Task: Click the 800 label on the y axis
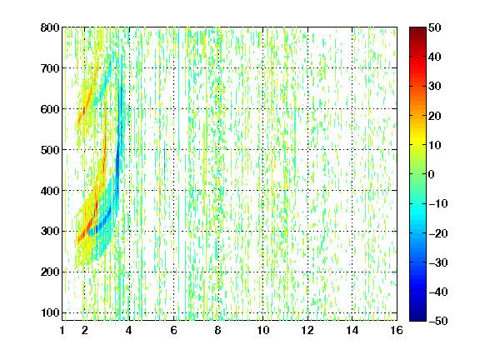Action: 50,27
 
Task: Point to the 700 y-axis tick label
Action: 50,68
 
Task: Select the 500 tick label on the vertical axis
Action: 50,150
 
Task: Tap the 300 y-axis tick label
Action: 50,232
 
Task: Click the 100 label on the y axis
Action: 50,312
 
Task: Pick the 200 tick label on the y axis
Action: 50,272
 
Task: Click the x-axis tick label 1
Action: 62,330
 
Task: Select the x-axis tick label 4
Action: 129,330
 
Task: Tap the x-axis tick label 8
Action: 218,330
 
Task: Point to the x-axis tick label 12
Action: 307,330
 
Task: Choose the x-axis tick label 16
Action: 397,330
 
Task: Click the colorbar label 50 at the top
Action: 435,27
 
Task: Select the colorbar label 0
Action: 432,174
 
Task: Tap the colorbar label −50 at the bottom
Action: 438,321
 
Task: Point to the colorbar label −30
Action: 438,262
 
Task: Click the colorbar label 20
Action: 435,116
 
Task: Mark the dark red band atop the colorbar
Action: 417,33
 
